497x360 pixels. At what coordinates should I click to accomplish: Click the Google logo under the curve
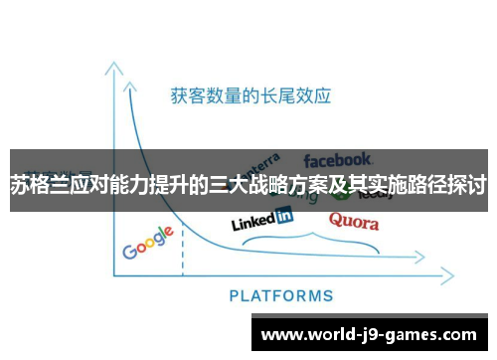pos(148,243)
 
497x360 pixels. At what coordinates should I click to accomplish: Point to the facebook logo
pos(338,159)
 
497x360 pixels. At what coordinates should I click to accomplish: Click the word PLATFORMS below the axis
pos(281,295)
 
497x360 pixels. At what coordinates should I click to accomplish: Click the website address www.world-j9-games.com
pos(368,334)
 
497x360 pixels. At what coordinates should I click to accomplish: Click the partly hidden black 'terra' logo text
pos(263,161)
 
